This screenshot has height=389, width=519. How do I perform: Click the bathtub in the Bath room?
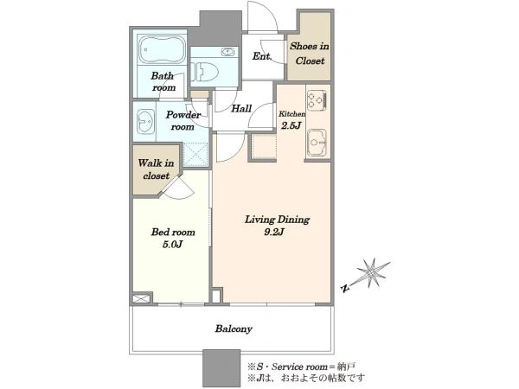click(163, 49)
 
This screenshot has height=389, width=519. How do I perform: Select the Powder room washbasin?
click(144, 122)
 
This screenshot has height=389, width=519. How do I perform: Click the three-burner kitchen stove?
click(317, 100)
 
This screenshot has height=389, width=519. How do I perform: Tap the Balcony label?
click(234, 328)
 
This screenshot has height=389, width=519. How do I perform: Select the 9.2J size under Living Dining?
click(273, 232)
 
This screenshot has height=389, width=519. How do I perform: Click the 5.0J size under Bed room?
click(173, 245)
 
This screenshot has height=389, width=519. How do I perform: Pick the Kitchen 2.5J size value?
click(291, 125)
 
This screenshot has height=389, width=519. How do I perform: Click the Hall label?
click(241, 109)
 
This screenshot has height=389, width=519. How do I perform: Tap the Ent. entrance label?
click(261, 56)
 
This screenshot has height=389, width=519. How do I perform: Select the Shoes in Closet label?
click(310, 54)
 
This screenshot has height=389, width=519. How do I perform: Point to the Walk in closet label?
click(156, 169)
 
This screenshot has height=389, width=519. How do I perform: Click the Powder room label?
click(183, 121)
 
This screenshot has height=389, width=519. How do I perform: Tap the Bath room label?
click(163, 82)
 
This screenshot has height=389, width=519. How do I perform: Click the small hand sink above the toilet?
click(227, 52)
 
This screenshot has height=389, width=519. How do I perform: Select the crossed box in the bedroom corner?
click(141, 299)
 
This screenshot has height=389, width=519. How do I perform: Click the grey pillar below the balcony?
click(221, 368)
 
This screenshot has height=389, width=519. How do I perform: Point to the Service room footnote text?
click(302, 367)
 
